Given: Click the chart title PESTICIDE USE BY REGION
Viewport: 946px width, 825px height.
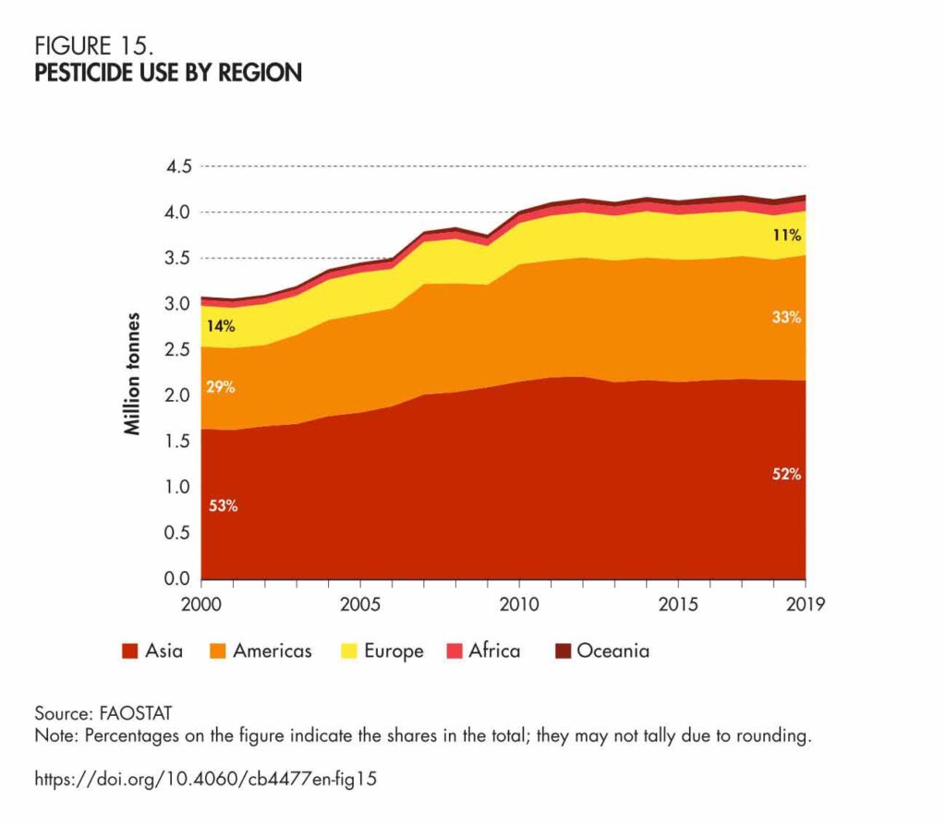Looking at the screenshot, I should (x=168, y=73).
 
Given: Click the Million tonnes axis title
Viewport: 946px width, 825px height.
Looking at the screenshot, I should (x=133, y=374).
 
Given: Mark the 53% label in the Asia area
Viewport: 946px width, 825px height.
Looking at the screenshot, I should (x=223, y=506).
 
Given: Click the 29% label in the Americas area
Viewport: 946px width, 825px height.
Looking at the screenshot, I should (x=220, y=387).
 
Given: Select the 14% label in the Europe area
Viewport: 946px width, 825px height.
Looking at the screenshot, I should (x=220, y=325).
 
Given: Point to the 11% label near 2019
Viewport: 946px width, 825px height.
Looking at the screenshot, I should (x=787, y=236).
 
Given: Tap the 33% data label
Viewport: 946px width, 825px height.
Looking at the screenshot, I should (x=787, y=318).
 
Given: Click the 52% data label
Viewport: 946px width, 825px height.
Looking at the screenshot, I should (x=787, y=476).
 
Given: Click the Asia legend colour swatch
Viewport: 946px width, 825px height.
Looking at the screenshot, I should (x=130, y=651).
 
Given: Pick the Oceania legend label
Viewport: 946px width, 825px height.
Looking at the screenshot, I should (x=612, y=651).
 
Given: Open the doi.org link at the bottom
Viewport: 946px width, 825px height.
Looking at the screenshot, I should (x=206, y=779).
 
